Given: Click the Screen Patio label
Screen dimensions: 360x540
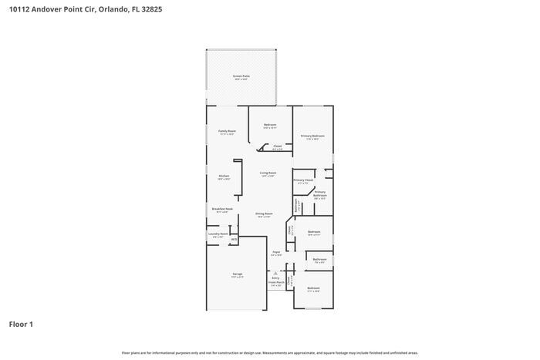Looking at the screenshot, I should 241,76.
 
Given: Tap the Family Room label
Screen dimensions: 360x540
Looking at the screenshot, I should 227,131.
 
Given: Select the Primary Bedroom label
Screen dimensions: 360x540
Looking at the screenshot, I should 312,136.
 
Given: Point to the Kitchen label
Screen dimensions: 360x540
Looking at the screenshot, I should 224,177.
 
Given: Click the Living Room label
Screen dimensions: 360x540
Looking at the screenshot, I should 268,173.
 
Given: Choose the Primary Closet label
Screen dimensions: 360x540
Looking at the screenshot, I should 302,180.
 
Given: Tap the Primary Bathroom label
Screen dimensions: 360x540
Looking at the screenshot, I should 320,193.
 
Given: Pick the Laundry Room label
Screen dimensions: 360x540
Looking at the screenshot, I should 218,234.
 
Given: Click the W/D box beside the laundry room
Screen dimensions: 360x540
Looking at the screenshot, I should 234,240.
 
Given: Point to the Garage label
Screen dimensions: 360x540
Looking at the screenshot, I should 238,274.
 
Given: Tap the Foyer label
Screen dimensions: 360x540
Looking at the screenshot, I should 275,252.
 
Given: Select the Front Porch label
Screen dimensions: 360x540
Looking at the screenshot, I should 275,283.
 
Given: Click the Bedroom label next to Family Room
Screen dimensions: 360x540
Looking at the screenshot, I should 270,125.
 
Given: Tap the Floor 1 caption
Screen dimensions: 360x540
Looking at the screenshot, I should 21,324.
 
